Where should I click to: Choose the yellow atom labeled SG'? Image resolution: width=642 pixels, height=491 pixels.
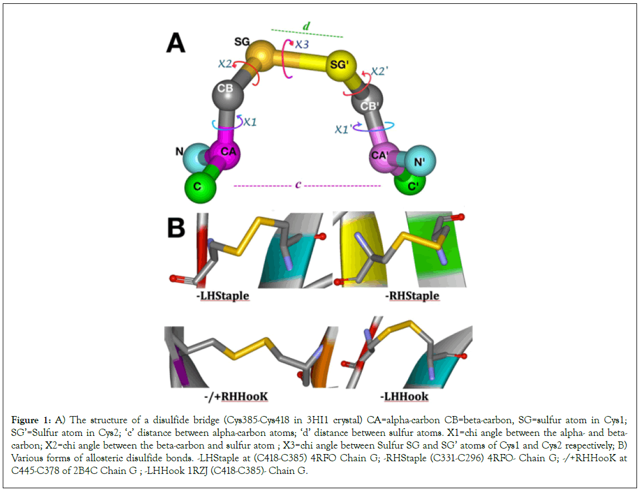tap(340, 66)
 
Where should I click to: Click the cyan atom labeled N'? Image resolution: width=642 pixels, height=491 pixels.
tap(421, 160)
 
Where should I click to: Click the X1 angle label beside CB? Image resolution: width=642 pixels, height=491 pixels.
tap(250, 122)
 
